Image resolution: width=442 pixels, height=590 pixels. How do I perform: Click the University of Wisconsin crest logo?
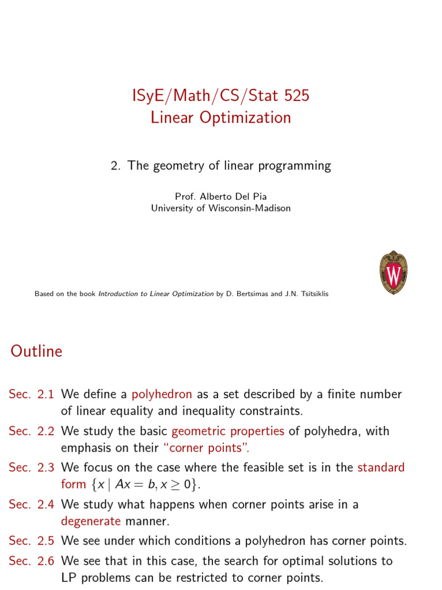[394, 273]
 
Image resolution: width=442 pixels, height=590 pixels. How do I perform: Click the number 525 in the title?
[296, 96]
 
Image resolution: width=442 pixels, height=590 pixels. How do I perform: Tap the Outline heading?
[36, 351]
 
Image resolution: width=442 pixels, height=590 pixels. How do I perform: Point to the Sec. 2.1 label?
[31, 395]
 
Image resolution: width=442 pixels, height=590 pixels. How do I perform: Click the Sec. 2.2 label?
[31, 431]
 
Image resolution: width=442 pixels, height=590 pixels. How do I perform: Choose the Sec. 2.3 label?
[31, 467]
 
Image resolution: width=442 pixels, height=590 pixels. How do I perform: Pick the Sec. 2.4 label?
[31, 504]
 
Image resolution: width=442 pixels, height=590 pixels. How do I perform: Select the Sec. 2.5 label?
[31, 541]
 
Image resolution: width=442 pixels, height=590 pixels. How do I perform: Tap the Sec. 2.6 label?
[31, 561]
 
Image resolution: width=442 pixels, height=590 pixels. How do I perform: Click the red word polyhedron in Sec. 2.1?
[162, 395]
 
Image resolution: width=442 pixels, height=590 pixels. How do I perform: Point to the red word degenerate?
[91, 521]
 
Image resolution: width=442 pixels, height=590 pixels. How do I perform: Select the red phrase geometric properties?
[228, 431]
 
